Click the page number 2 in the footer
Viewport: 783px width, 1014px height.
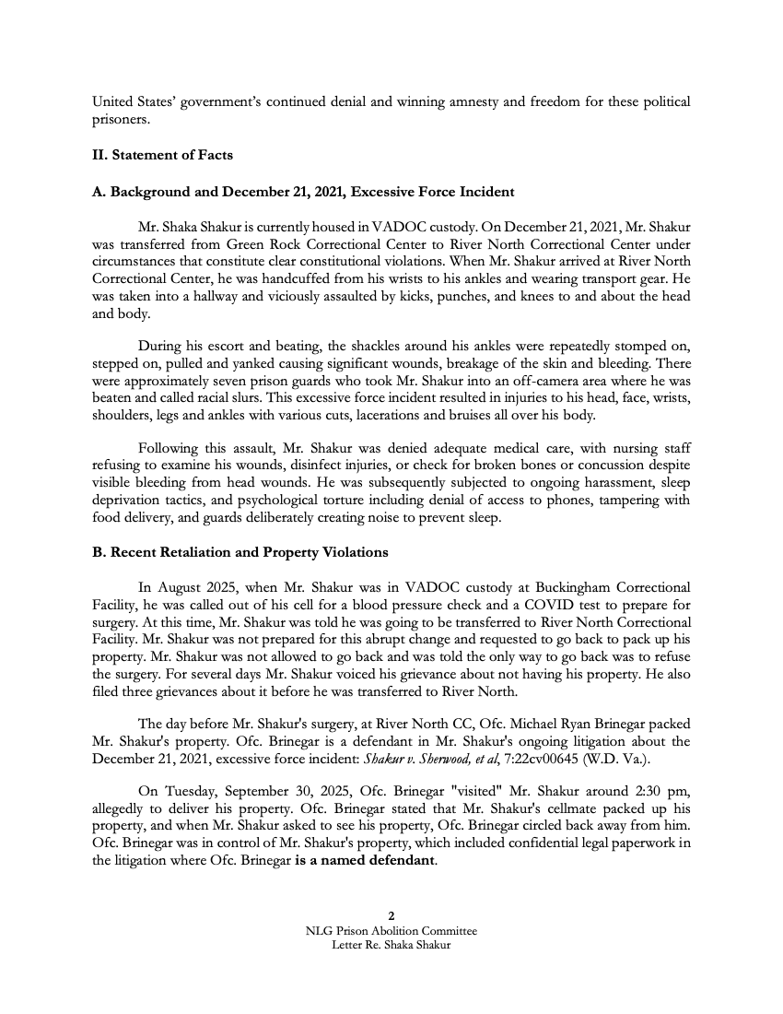[x=391, y=915]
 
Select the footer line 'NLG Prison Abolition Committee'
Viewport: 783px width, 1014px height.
[x=391, y=931]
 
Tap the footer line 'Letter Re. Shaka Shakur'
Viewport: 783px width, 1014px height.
[x=391, y=945]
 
